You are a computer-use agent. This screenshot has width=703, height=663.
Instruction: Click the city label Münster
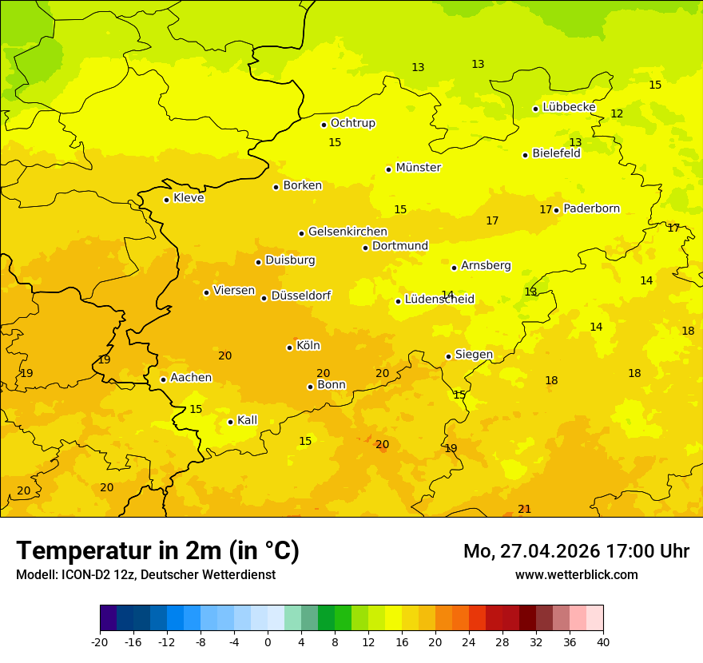pyautogui.click(x=418, y=168)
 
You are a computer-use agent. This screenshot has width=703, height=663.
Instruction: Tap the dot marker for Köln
pyautogui.click(x=289, y=347)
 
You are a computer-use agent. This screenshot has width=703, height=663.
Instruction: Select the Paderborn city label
pyautogui.click(x=591, y=208)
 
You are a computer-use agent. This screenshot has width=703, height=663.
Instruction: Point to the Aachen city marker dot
pyautogui.click(x=163, y=379)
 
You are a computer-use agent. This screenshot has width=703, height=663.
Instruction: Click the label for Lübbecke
pyautogui.click(x=569, y=107)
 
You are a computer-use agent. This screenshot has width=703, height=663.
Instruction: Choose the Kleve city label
pyautogui.click(x=189, y=198)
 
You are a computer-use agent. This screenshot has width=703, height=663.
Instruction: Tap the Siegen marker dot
pyautogui.click(x=448, y=356)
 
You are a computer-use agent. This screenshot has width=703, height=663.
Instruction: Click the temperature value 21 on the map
pyautogui.click(x=524, y=509)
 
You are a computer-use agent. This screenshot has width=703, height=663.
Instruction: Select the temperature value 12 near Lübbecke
pyautogui.click(x=617, y=114)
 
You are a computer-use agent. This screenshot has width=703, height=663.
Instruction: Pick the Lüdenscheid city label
pyautogui.click(x=439, y=300)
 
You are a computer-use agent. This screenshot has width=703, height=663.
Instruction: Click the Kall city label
pyautogui.click(x=247, y=420)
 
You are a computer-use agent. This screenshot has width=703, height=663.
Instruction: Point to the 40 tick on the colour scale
pyautogui.click(x=603, y=641)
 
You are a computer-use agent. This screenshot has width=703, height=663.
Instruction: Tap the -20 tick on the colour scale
pyautogui.click(x=100, y=641)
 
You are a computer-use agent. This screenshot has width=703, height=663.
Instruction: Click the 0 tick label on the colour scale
pyautogui.click(x=268, y=641)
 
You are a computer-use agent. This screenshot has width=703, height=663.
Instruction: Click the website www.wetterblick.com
pyautogui.click(x=576, y=574)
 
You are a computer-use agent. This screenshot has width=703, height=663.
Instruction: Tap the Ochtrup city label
pyautogui.click(x=352, y=123)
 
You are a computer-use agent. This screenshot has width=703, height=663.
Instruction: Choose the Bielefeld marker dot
pyautogui.click(x=525, y=155)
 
